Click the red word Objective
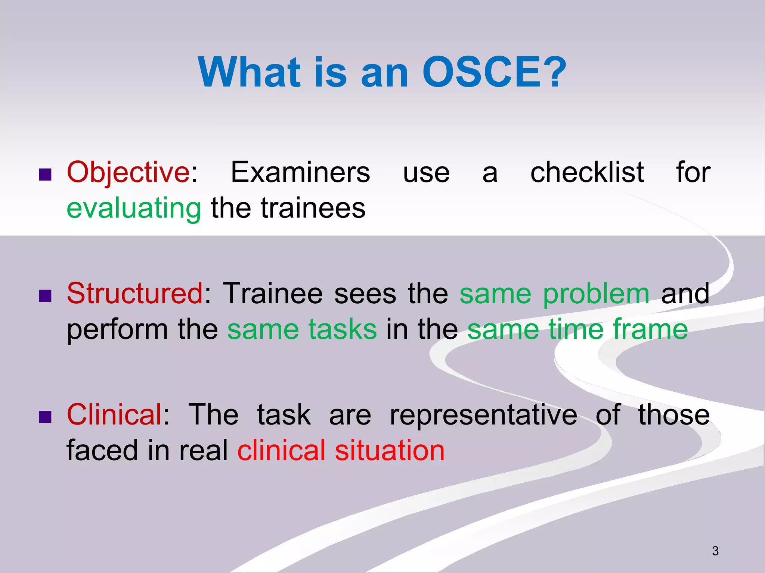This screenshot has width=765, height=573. point(128,172)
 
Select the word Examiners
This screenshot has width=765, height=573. point(300,172)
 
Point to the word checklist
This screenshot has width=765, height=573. point(587,172)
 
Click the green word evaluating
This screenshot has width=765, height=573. point(134,208)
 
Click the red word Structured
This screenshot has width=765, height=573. point(135,294)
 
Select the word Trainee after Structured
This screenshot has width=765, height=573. point(273,294)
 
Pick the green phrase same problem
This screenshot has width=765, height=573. point(554,294)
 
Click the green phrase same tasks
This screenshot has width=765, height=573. point(302,329)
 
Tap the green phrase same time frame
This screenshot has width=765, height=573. point(577,329)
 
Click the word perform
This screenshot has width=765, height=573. point(117,329)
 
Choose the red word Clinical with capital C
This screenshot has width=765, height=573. point(114,415)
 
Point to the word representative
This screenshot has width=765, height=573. point(483,415)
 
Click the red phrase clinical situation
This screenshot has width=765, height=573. point(341,451)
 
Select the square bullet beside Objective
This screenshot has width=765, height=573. point(45,175)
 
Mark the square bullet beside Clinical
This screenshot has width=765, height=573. point(45,417)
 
